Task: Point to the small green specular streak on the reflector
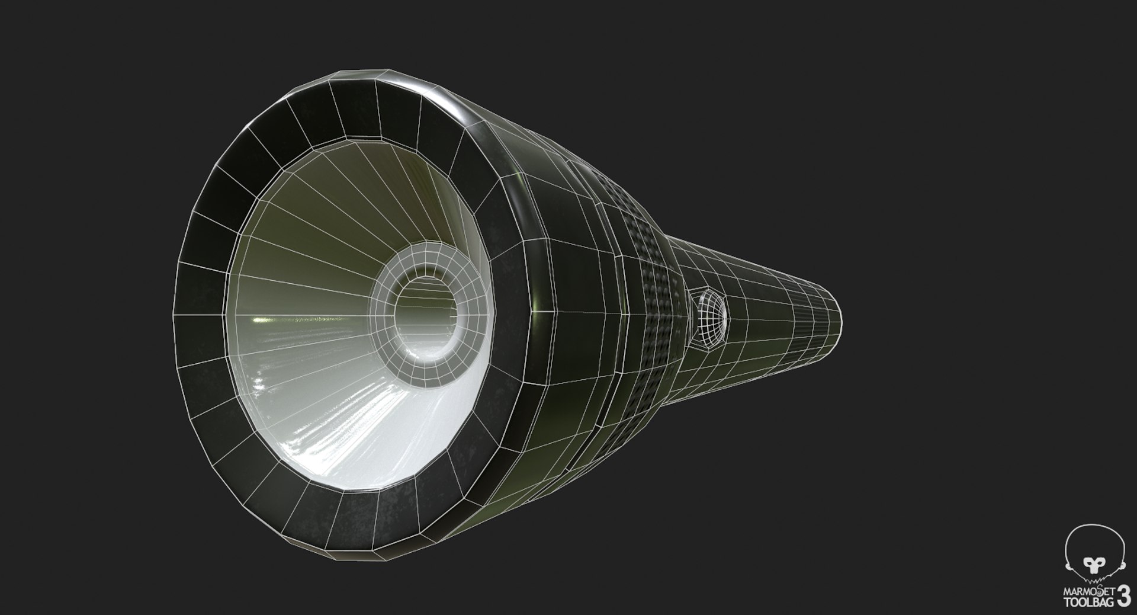[259, 321]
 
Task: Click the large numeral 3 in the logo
[1123, 595]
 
